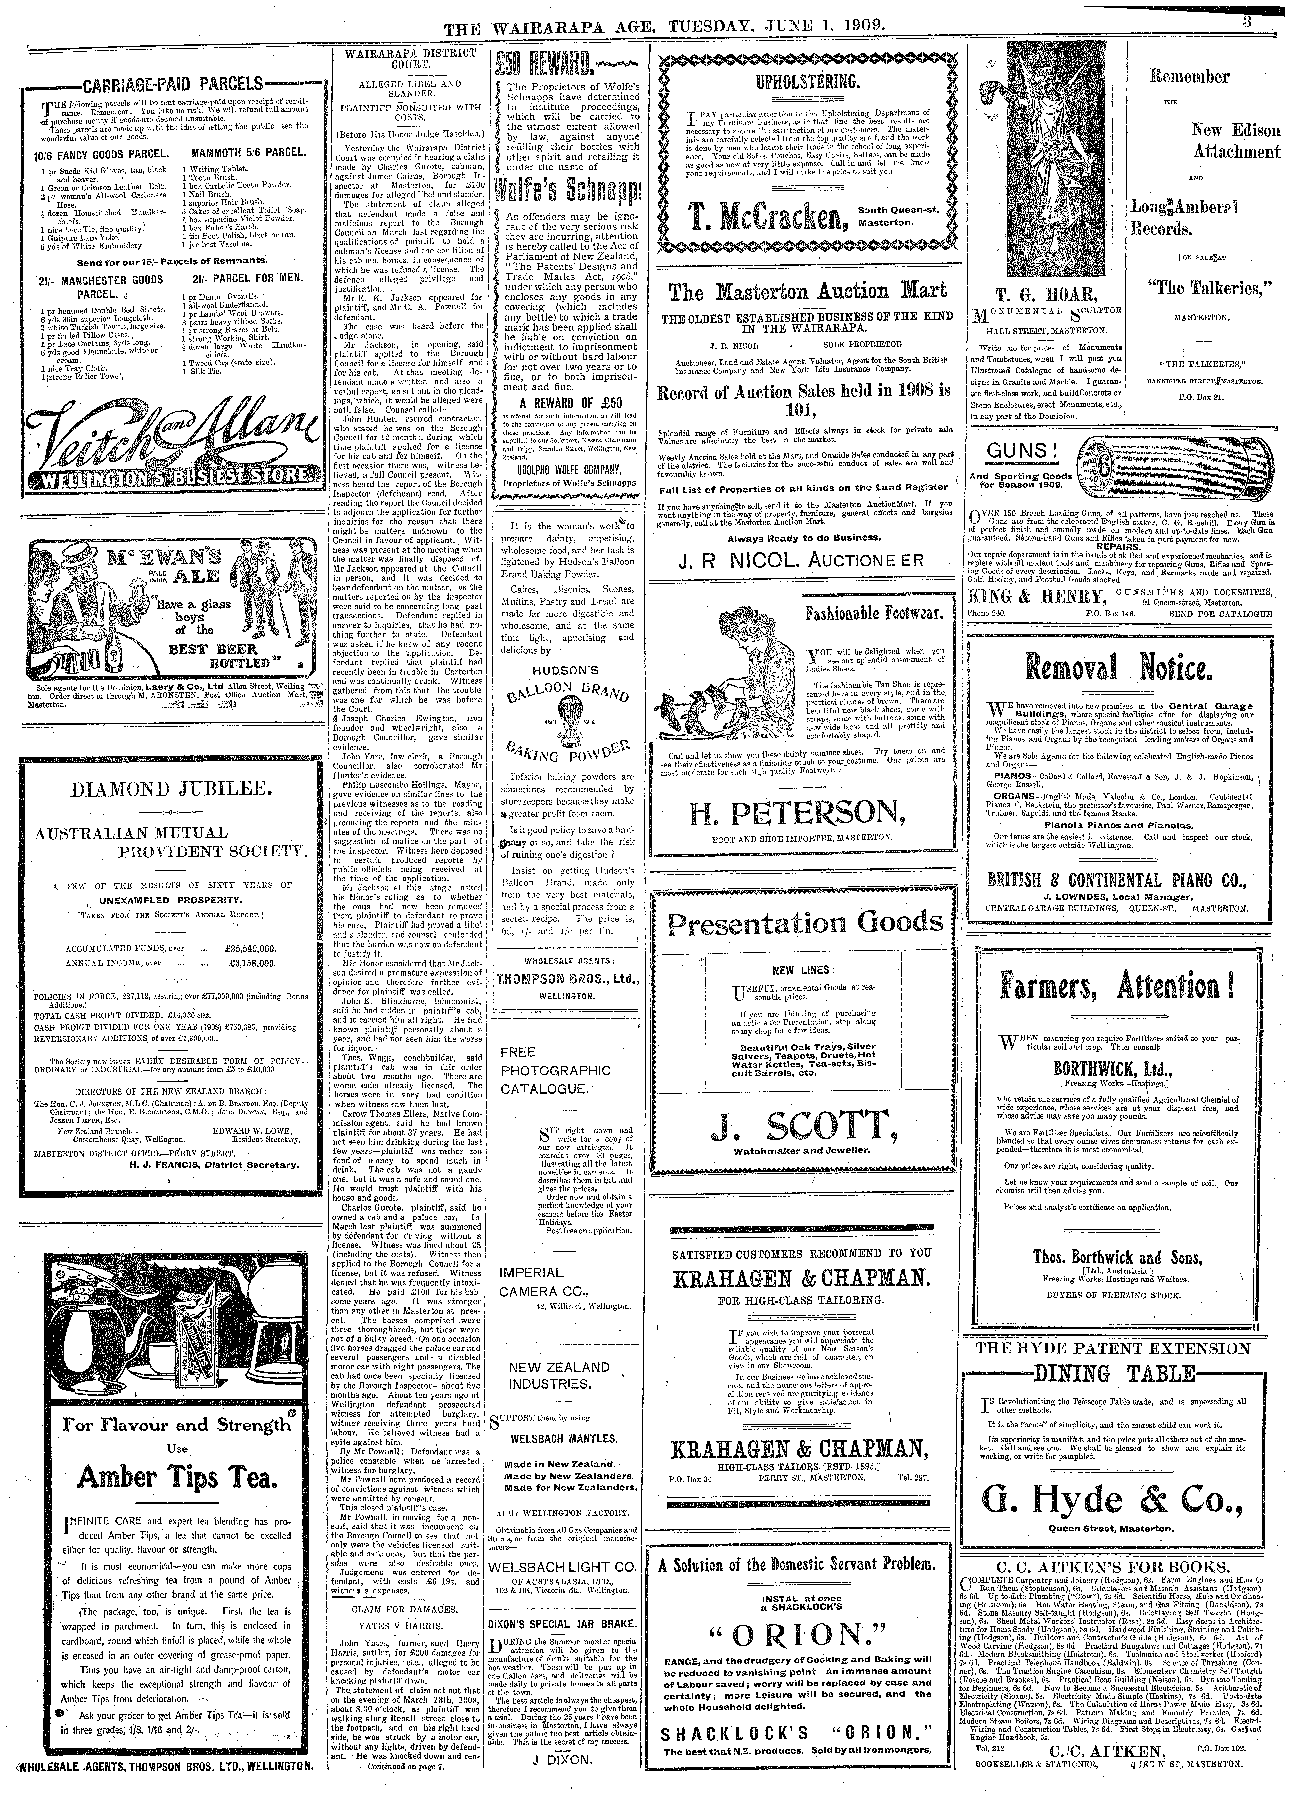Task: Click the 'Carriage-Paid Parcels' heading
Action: pyautogui.click(x=173, y=84)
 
